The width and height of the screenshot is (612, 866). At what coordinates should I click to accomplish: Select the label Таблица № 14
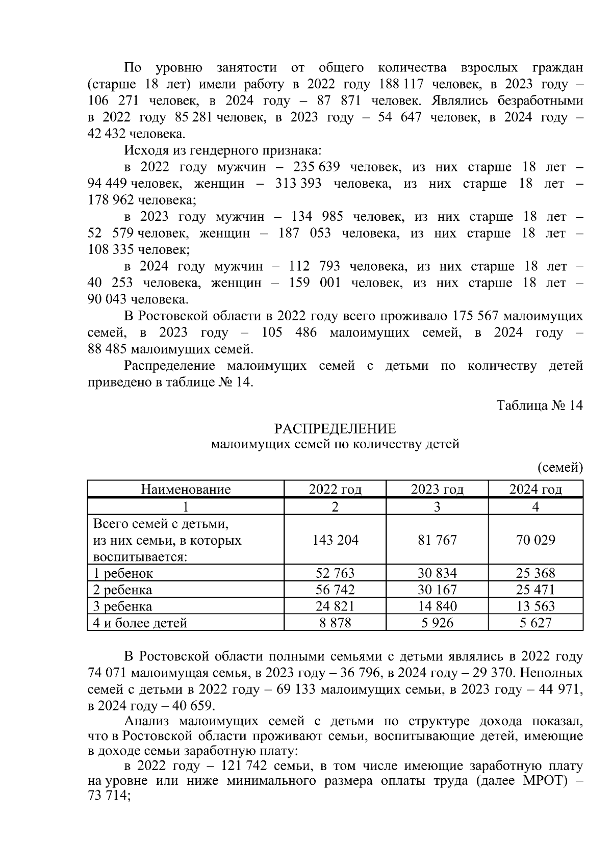click(x=539, y=405)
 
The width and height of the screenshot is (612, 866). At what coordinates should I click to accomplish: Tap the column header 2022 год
click(x=335, y=490)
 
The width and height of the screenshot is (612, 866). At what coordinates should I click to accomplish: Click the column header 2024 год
click(x=535, y=490)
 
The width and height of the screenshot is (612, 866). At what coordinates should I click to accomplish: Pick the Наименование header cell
click(x=186, y=490)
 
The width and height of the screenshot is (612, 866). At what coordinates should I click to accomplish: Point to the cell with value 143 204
click(x=335, y=540)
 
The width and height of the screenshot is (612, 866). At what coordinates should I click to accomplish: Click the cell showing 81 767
click(x=437, y=540)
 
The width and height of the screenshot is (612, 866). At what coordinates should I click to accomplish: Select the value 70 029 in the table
click(x=535, y=540)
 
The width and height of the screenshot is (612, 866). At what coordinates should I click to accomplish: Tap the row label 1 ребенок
click(x=123, y=573)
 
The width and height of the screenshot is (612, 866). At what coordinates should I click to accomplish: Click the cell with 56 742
click(x=335, y=590)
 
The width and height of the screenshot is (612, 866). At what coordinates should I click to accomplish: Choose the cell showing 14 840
click(x=437, y=606)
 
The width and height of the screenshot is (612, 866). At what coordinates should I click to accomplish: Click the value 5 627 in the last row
click(x=535, y=623)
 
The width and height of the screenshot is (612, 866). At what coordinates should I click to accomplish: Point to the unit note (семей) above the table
click(x=560, y=467)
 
